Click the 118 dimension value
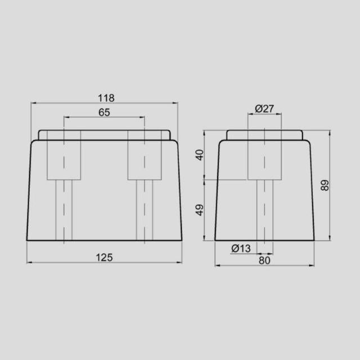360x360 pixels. pos(104,97)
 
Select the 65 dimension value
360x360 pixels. pos(104,112)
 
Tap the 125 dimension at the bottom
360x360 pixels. pos(104,257)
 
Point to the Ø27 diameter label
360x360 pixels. pos(264,109)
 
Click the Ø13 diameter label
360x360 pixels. pos(240,248)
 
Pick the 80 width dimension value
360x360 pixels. pos(264,260)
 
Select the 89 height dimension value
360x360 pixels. pos(325,185)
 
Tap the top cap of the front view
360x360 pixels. pos(104,135)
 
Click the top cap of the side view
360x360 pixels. pos(264,135)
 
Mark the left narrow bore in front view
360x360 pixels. pos(64,210)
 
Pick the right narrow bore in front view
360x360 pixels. pos(145,210)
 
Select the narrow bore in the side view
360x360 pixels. pos(264,210)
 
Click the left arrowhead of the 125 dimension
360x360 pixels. pos(29,263)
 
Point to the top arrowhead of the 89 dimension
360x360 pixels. pos(330,133)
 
